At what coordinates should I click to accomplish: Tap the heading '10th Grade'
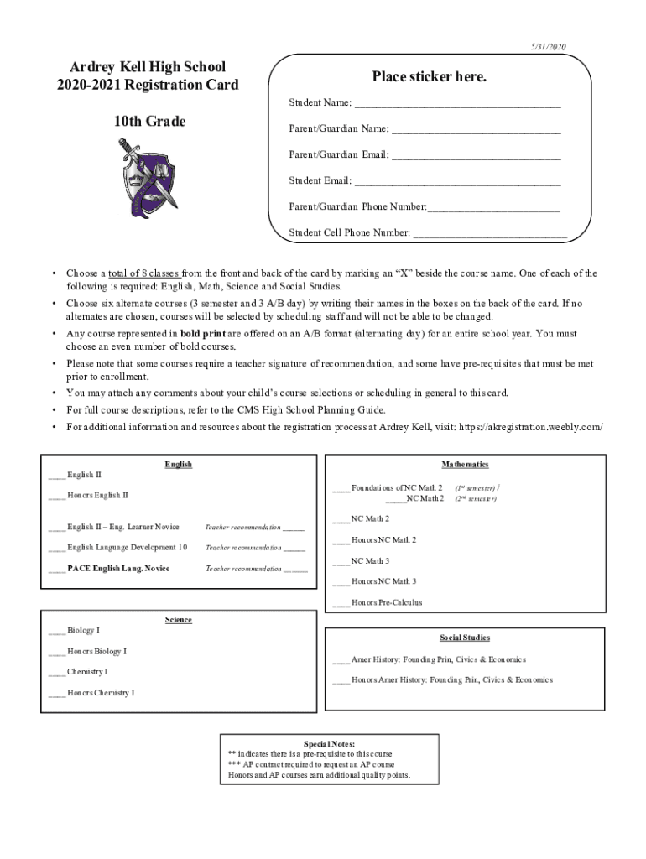(x=150, y=122)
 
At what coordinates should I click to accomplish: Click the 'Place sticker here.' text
(x=429, y=77)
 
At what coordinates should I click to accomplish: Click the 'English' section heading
(x=179, y=465)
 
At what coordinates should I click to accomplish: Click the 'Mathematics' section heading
(x=465, y=465)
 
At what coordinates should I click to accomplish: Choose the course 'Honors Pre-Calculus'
(x=387, y=602)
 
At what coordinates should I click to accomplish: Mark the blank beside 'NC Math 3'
(x=341, y=561)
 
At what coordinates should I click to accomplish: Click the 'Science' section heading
(x=179, y=620)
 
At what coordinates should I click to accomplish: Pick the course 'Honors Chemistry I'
(x=101, y=693)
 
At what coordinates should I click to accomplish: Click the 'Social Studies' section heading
(x=465, y=638)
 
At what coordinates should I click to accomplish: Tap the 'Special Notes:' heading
(x=329, y=743)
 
